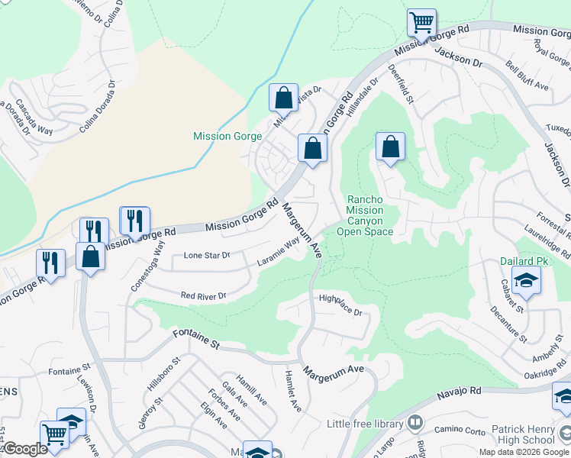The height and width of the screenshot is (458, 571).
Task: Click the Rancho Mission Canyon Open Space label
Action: pos(369,215)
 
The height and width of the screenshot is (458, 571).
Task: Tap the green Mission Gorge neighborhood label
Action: pos(227,137)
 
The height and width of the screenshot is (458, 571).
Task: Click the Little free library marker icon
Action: pos(415,423)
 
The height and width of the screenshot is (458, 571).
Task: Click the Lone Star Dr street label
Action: pos(207,256)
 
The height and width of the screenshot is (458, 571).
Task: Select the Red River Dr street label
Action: pos(204,295)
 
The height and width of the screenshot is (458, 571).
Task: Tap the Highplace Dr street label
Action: pos(339,306)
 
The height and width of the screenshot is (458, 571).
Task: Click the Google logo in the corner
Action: pos(24,449)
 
